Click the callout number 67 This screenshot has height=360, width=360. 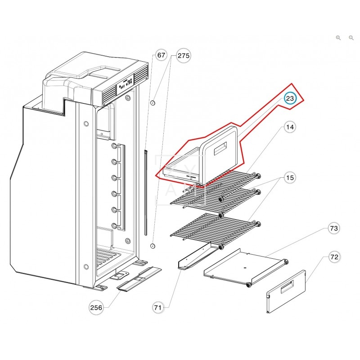click(161, 56)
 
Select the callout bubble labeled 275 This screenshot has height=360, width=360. click(184, 56)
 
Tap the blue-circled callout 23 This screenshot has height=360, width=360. click(290, 99)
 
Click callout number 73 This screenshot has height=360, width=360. click(333, 229)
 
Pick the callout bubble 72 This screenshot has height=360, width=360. click(333, 257)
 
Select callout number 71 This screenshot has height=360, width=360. click(157, 308)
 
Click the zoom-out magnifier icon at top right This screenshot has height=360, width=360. click(351, 38)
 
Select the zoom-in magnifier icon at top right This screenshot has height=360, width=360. click(338, 38)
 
